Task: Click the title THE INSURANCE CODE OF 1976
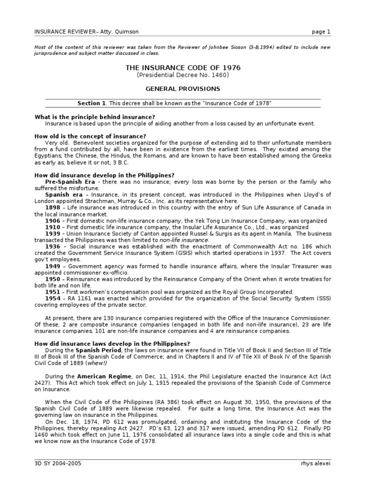(x=183, y=68)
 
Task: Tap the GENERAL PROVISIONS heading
(x=183, y=89)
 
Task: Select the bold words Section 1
(x=91, y=103)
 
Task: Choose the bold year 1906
(x=52, y=221)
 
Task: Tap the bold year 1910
(x=52, y=227)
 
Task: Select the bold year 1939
(x=52, y=234)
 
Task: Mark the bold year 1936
(x=52, y=247)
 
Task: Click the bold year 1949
(x=52, y=266)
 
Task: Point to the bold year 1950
(x=52, y=279)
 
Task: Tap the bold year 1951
(x=52, y=292)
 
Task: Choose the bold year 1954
(x=52, y=298)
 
